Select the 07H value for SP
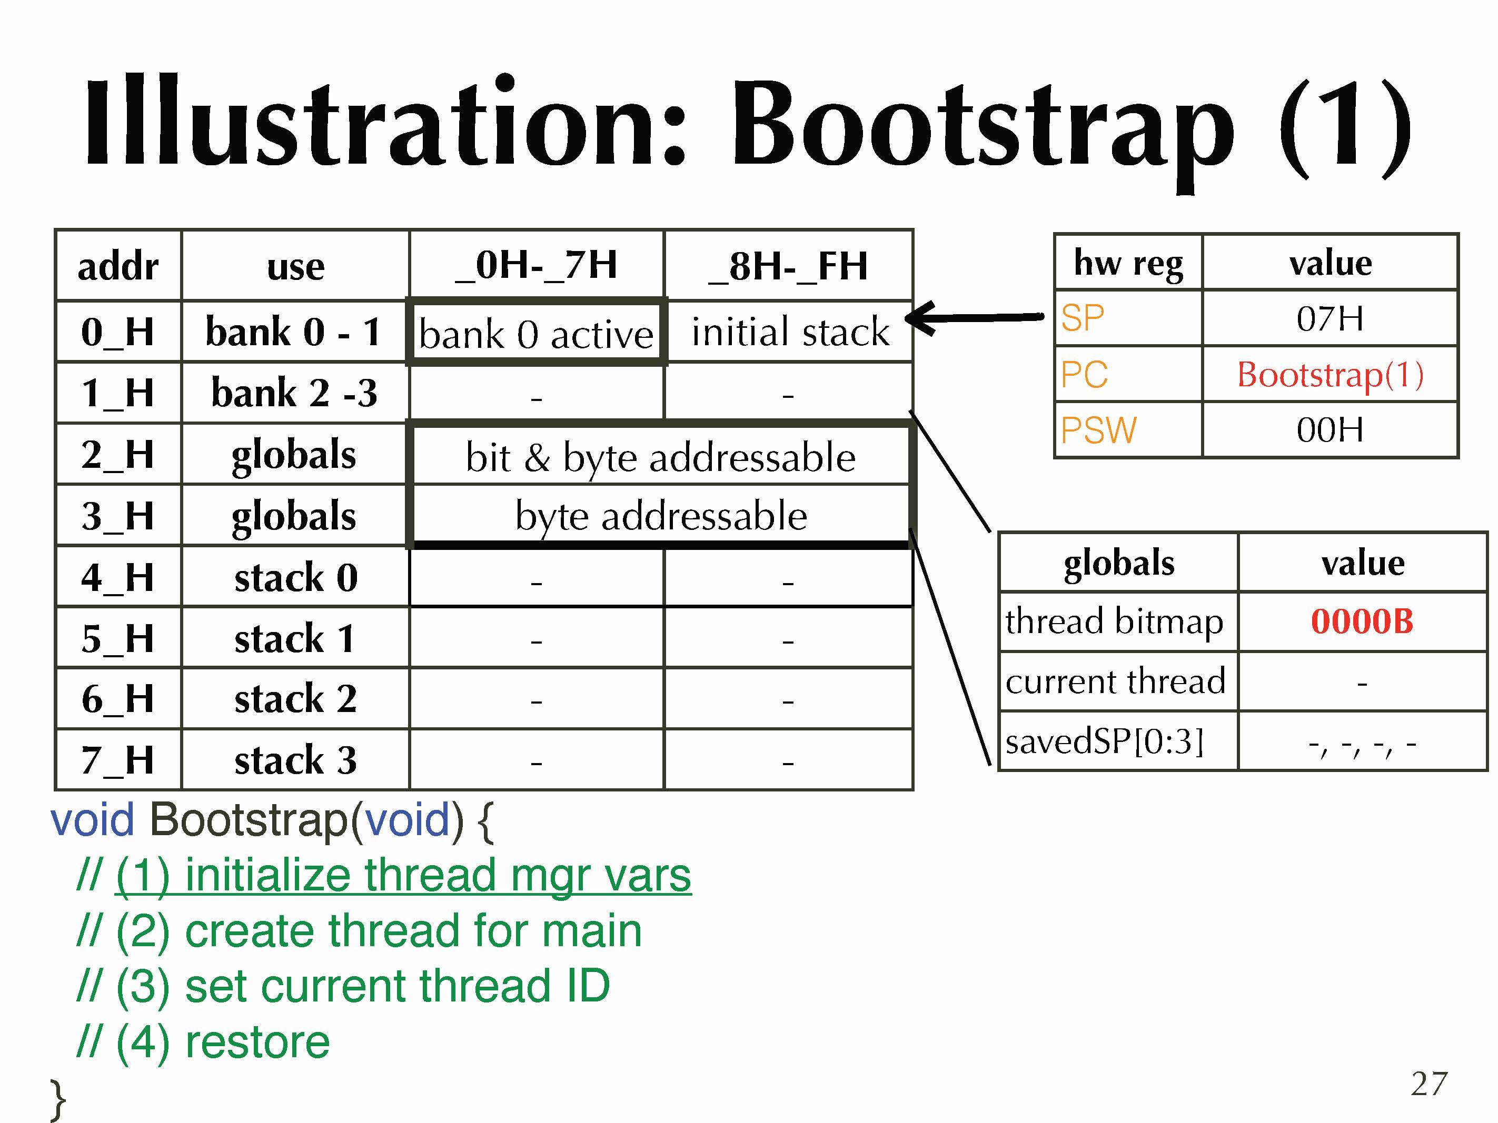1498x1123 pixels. click(1330, 318)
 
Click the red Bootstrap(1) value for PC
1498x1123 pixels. click(1330, 374)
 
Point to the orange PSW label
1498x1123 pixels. click(1098, 430)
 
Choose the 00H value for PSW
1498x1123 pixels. click(1330, 430)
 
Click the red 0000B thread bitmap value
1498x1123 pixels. click(1362, 621)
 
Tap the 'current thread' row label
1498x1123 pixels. click(1115, 681)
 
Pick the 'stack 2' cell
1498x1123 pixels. click(295, 698)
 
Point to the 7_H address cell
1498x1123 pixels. click(118, 759)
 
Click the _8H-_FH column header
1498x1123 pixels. click(788, 265)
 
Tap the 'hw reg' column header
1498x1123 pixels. click(1128, 263)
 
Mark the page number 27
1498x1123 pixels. click(1429, 1084)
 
